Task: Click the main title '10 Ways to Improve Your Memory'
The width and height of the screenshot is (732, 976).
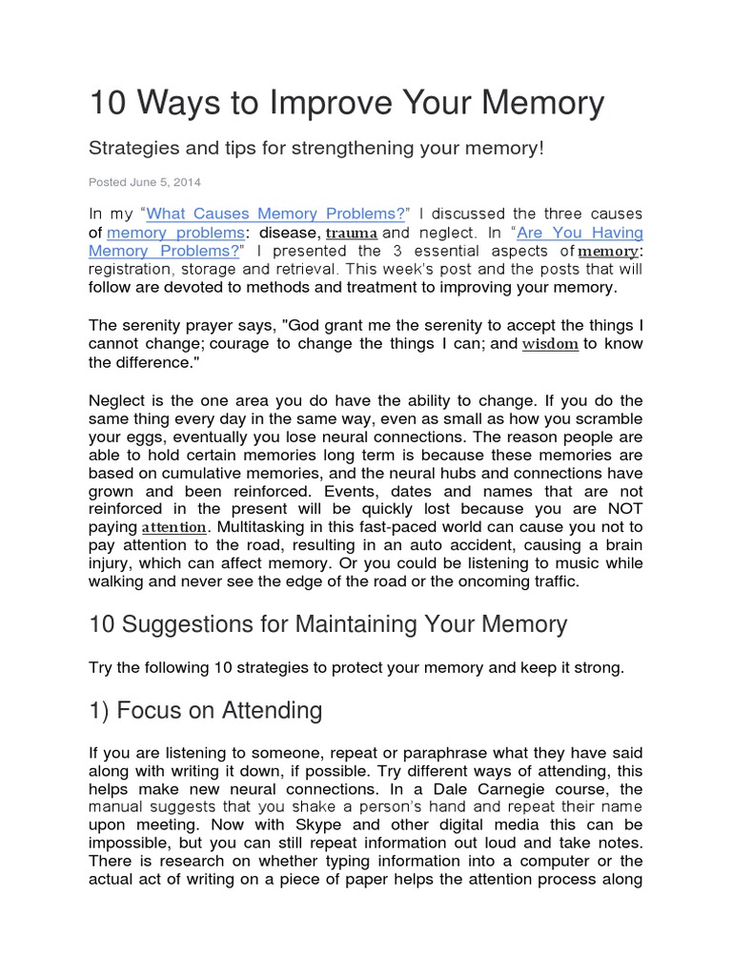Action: [346, 104]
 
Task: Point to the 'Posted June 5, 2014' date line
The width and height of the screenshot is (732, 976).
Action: [145, 181]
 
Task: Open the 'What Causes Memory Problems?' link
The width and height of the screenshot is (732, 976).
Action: [276, 213]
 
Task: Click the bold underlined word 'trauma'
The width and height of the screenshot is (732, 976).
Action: [352, 233]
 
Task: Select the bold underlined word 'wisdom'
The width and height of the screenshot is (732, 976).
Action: [550, 344]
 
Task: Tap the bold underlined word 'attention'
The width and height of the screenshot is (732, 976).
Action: [174, 527]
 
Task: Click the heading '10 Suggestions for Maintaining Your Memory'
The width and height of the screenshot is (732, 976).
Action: [328, 624]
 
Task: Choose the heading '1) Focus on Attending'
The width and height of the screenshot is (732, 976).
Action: [205, 710]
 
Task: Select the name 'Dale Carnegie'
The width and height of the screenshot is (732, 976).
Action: [533, 789]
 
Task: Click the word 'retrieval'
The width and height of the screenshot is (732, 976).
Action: [309, 269]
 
